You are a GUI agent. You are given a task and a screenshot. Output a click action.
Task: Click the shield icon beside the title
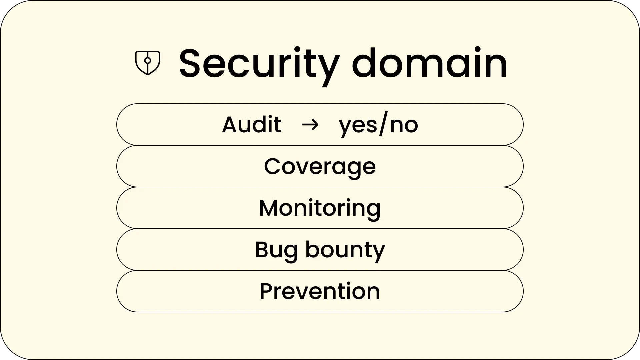click(148, 63)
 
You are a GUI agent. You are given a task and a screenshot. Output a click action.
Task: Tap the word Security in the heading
click(260, 65)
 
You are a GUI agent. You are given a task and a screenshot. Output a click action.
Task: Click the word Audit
click(252, 125)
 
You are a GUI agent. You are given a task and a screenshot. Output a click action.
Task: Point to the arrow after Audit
click(310, 125)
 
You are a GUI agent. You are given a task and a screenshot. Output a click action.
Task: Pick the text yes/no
click(378, 126)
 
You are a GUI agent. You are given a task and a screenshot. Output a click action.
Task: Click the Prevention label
click(320, 291)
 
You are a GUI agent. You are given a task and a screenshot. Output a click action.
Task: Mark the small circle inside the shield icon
click(148, 61)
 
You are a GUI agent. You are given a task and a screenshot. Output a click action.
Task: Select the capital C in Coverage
click(273, 166)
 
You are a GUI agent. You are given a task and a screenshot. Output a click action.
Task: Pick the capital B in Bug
click(262, 250)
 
